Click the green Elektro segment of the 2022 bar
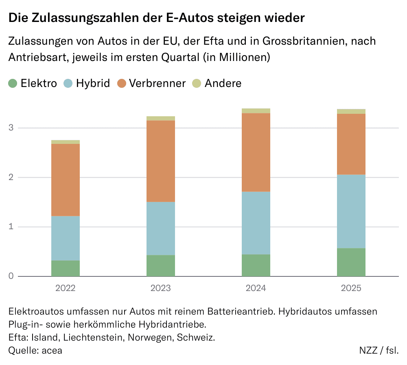(66, 268)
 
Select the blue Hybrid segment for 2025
(351, 211)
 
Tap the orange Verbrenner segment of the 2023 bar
(161, 161)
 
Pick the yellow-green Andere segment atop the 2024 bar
(256, 111)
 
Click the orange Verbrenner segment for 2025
(351, 144)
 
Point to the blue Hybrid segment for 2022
(66, 238)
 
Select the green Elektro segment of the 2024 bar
(256, 265)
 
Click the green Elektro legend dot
(13, 84)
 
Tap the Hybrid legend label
(93, 83)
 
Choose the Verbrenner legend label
(157, 83)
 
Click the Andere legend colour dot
(196, 84)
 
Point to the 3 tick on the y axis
(11, 128)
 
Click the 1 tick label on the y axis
(11, 227)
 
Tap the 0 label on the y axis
(11, 276)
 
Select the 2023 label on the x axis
(161, 288)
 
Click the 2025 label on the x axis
(351, 288)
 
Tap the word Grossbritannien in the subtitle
(304, 41)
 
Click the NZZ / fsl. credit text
(379, 350)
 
